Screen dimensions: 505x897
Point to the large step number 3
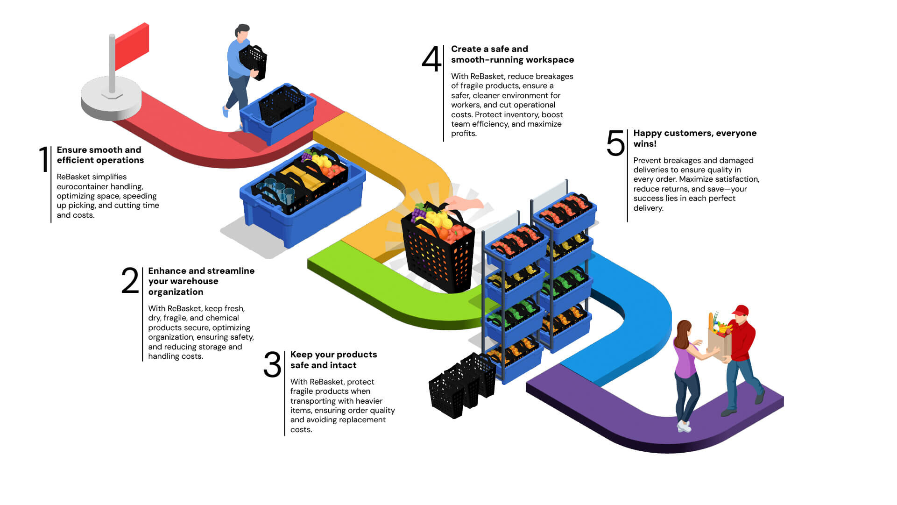[x=272, y=364]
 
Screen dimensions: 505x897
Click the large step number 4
[x=431, y=59]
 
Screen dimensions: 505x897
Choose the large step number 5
[x=615, y=143]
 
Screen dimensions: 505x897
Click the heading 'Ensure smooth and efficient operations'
[x=100, y=155]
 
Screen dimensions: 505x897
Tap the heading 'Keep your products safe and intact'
[x=333, y=360]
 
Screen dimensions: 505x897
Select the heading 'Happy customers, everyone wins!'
[x=694, y=138]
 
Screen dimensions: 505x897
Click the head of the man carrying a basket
[x=242, y=32]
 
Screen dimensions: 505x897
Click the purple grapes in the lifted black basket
[x=418, y=213]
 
